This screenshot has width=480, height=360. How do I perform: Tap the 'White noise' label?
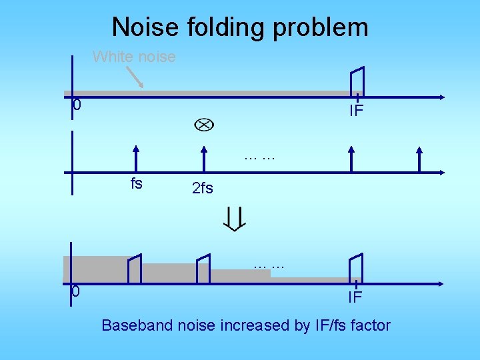(134, 57)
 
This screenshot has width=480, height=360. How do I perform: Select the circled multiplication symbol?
(204, 125)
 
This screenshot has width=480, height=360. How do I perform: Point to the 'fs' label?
(136, 184)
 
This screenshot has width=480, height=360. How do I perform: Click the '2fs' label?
(202, 189)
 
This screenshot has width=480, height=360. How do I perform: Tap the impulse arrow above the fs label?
(136, 159)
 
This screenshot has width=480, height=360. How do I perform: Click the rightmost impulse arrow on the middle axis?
(419, 159)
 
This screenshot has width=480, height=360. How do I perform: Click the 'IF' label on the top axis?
(357, 111)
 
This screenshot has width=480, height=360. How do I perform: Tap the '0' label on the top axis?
(77, 105)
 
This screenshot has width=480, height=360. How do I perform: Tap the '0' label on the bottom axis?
(77, 292)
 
